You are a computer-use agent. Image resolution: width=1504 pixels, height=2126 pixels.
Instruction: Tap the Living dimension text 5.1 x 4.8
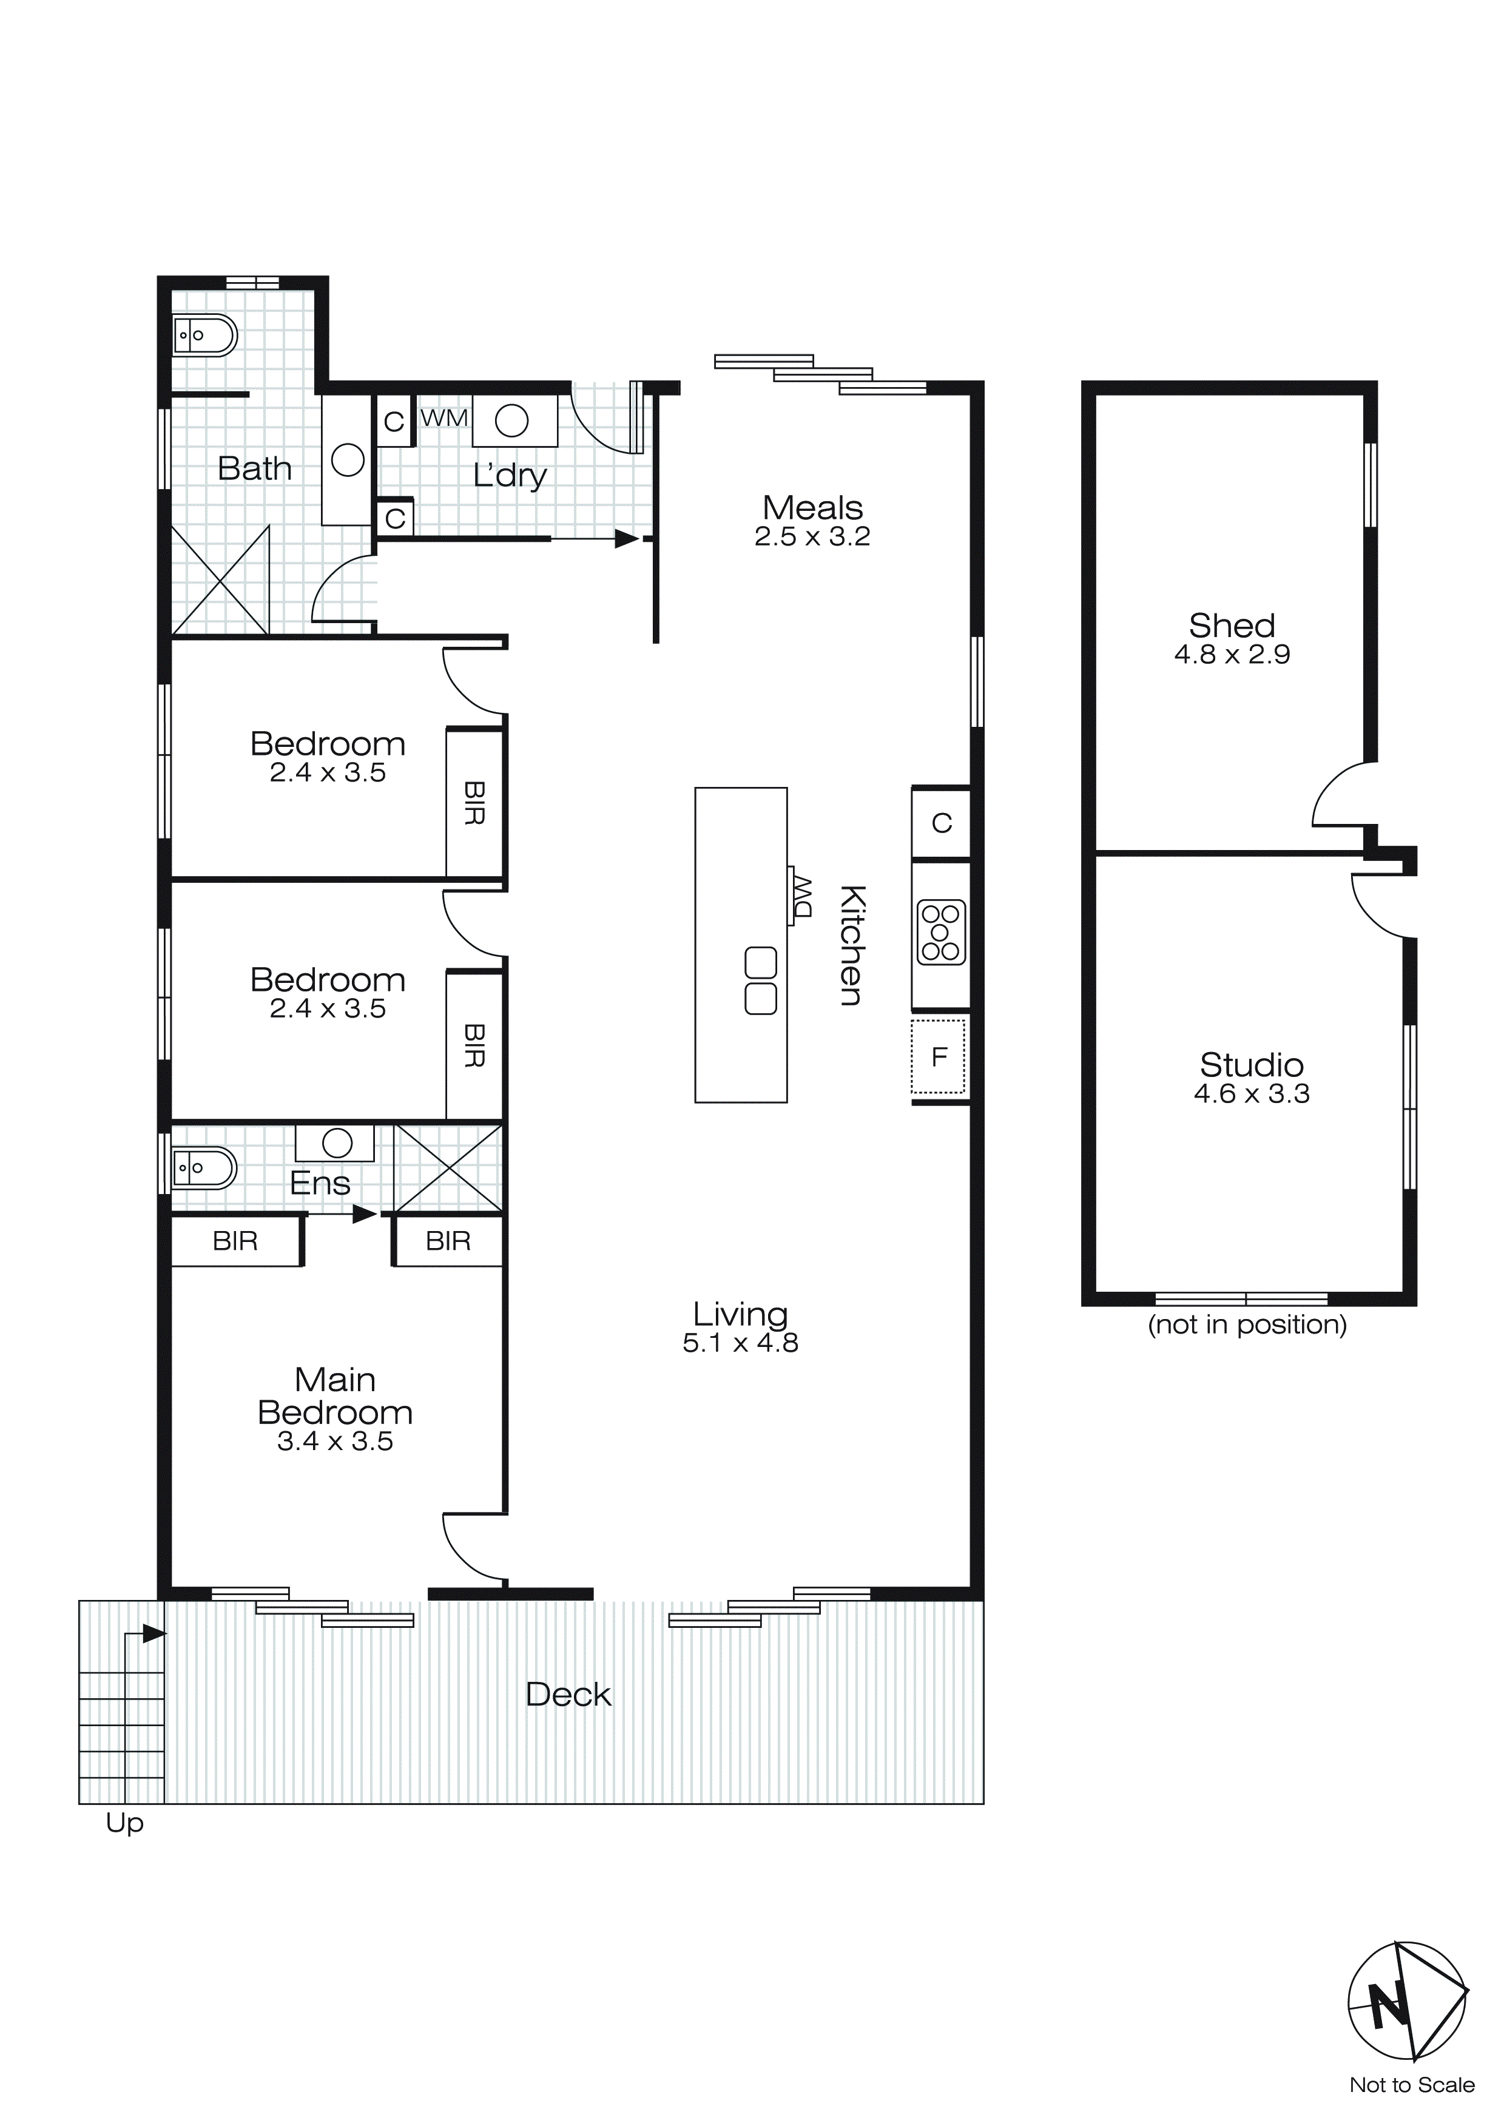(x=740, y=1343)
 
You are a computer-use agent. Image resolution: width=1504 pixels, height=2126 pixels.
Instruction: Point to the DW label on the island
(x=800, y=896)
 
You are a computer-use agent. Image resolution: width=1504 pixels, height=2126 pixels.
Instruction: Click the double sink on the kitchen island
(x=760, y=980)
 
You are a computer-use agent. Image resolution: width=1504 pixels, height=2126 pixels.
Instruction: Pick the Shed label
(x=1231, y=626)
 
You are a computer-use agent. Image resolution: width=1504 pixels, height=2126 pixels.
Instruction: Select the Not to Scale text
(x=1411, y=2085)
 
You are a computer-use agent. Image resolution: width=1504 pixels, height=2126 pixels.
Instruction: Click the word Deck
(x=568, y=1695)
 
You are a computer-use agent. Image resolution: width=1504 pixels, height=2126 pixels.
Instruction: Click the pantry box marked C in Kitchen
(x=941, y=823)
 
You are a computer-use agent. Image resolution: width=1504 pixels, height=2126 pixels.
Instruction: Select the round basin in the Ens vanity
(x=337, y=1144)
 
